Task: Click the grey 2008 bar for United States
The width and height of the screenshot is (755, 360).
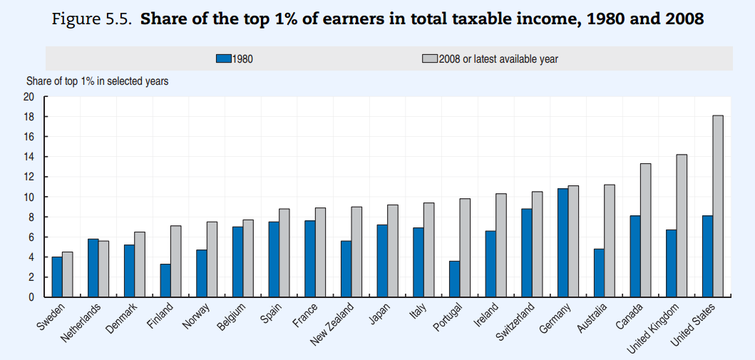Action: click(718, 206)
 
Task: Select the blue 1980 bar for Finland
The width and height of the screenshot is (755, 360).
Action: click(165, 280)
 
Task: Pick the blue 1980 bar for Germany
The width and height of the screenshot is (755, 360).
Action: click(563, 242)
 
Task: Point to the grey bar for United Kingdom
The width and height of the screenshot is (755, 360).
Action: click(682, 225)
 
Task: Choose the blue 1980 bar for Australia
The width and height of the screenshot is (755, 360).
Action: click(599, 272)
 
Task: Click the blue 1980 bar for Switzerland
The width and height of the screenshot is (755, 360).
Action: click(527, 252)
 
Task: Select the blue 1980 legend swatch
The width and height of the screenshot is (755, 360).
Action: click(223, 59)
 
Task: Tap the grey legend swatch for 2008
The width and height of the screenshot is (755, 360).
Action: click(428, 59)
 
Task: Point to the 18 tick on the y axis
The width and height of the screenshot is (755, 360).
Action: click(29, 117)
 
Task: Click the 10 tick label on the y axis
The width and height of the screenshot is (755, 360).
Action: click(29, 197)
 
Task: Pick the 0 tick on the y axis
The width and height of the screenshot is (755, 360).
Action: click(31, 297)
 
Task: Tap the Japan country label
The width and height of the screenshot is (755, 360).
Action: click(380, 313)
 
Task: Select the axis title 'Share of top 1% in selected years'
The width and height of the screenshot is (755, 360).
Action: click(98, 81)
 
